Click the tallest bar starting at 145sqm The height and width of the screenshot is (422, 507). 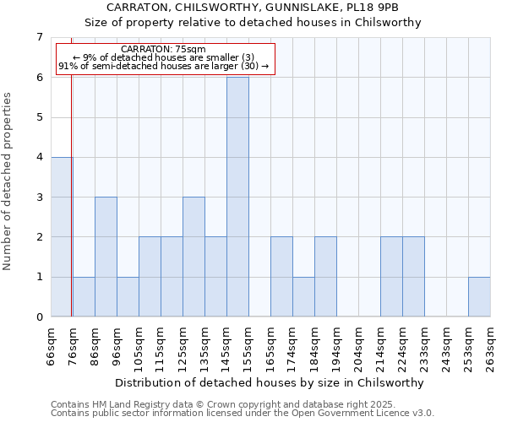point(237,197)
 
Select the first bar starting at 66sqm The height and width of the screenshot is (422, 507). point(62,236)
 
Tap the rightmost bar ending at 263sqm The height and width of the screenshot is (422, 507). point(479,296)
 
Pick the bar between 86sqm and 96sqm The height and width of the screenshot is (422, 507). point(106,257)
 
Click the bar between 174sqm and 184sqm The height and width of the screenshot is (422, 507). point(303,296)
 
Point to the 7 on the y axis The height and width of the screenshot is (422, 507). point(39,37)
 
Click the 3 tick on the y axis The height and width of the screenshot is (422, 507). point(39,197)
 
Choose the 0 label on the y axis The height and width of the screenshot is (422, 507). point(39,316)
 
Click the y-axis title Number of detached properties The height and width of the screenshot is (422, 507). point(9,181)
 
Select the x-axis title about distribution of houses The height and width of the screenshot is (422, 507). point(270,382)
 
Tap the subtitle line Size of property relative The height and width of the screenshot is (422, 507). point(270,23)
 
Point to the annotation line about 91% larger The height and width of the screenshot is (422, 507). point(163,66)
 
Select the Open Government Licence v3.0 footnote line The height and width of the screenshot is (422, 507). point(243,413)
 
